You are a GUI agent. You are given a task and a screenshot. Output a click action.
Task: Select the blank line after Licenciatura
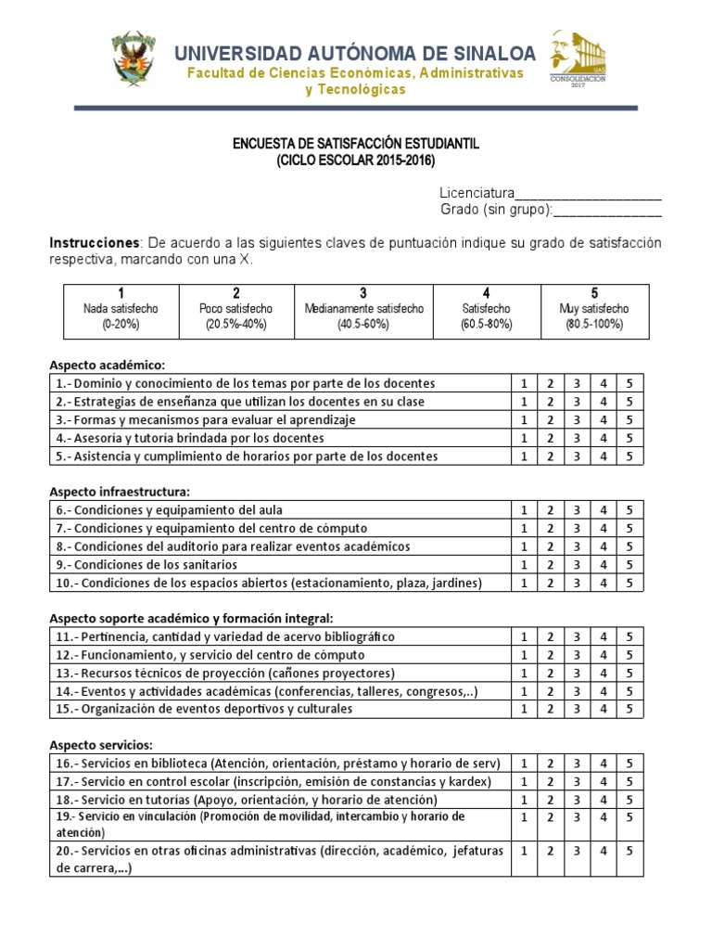click(588, 194)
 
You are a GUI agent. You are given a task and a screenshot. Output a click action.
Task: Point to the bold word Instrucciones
click(92, 243)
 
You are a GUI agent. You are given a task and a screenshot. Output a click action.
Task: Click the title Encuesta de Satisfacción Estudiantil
click(356, 145)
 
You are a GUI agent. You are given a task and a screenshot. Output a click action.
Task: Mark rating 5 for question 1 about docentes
click(629, 383)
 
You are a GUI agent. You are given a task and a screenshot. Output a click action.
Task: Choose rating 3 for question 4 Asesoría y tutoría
click(576, 438)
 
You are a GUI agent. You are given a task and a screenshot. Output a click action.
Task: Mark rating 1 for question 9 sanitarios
click(523, 565)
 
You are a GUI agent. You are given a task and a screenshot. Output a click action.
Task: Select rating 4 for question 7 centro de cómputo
click(603, 529)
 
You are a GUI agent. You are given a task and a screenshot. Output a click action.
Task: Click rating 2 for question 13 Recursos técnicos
click(550, 674)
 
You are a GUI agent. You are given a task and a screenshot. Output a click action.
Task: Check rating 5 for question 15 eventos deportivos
click(629, 710)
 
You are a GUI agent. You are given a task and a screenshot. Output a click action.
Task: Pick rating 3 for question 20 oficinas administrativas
click(576, 851)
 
